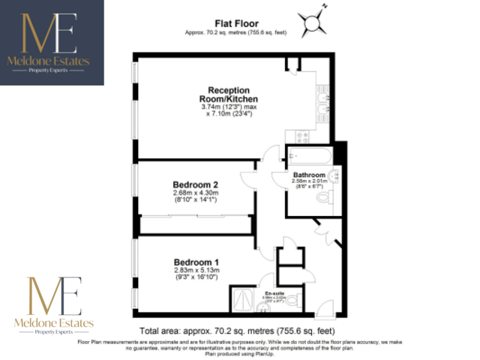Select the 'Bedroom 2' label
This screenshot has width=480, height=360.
point(195,184)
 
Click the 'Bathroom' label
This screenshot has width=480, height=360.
point(309,175)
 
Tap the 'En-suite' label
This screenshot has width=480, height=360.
point(274,293)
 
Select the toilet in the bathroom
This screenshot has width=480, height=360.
point(325,197)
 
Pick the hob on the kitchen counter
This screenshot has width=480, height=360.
point(305,136)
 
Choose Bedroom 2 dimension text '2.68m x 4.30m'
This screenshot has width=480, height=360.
point(195,193)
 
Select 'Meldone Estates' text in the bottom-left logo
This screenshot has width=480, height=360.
point(52,321)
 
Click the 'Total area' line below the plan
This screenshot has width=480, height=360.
point(235,331)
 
